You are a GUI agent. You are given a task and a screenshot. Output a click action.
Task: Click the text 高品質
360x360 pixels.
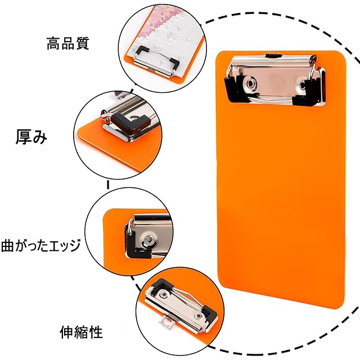[x=67, y=43]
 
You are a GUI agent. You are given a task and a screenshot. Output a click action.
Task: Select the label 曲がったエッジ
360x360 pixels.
[x=41, y=245]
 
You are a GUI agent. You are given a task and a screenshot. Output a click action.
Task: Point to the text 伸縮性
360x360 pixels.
[x=82, y=331]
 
